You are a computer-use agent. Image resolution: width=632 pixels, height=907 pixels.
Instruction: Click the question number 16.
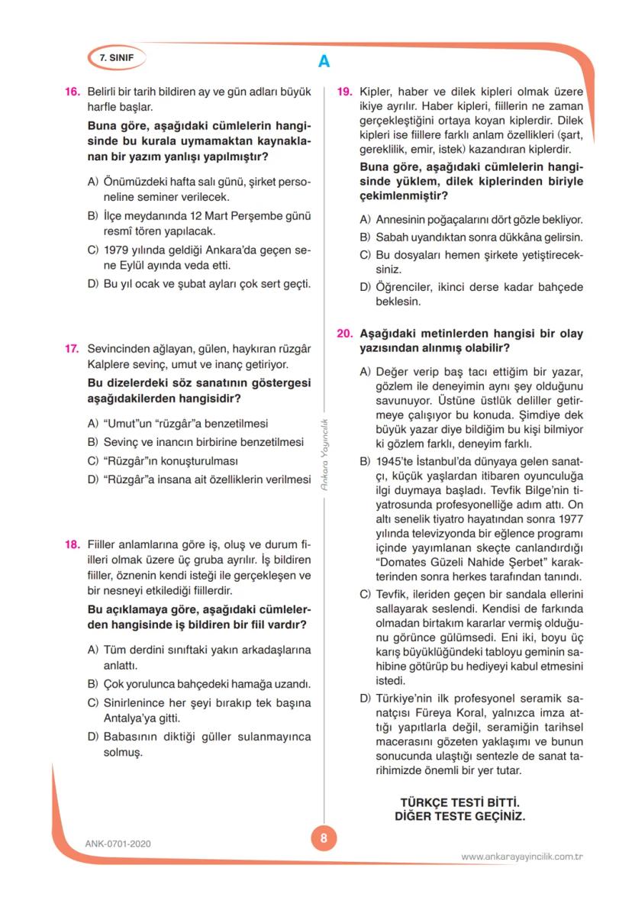pyautogui.click(x=72, y=92)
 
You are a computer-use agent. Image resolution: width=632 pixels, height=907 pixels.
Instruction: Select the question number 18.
pyautogui.click(x=72, y=544)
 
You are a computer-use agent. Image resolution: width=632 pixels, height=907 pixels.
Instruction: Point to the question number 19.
pyautogui.click(x=344, y=92)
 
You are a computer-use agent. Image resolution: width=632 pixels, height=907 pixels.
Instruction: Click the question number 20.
pyautogui.click(x=344, y=334)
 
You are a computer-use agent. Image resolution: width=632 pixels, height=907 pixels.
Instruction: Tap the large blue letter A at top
pyautogui.click(x=324, y=62)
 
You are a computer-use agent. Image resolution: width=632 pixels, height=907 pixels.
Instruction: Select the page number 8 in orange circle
pyautogui.click(x=324, y=838)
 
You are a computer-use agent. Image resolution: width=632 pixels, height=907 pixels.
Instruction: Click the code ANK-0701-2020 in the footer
pyautogui.click(x=118, y=844)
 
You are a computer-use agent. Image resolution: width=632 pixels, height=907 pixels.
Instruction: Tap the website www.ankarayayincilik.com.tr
pyautogui.click(x=522, y=856)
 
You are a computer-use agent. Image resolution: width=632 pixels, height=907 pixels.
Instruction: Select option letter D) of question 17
pyautogui.click(x=92, y=479)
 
